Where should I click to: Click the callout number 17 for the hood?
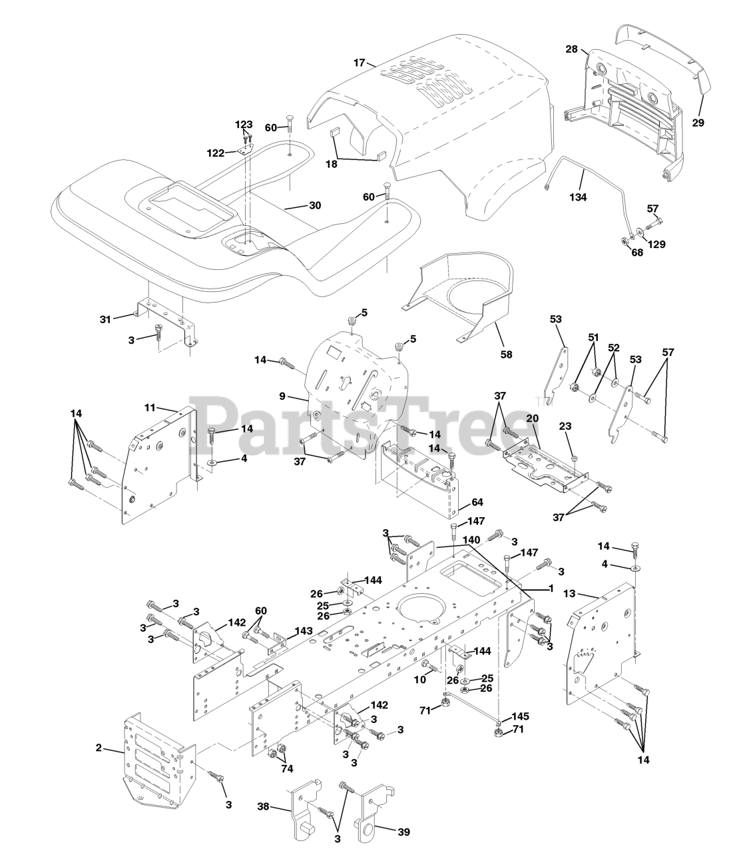359,63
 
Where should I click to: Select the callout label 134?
578,197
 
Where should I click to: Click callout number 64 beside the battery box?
477,502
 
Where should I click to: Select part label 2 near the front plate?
99,748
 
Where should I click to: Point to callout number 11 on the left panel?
149,407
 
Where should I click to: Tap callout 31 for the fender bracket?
106,319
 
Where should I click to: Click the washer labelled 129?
656,245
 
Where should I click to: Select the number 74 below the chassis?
287,768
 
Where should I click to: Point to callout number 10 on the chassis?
419,679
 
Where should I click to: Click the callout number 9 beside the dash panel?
282,396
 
